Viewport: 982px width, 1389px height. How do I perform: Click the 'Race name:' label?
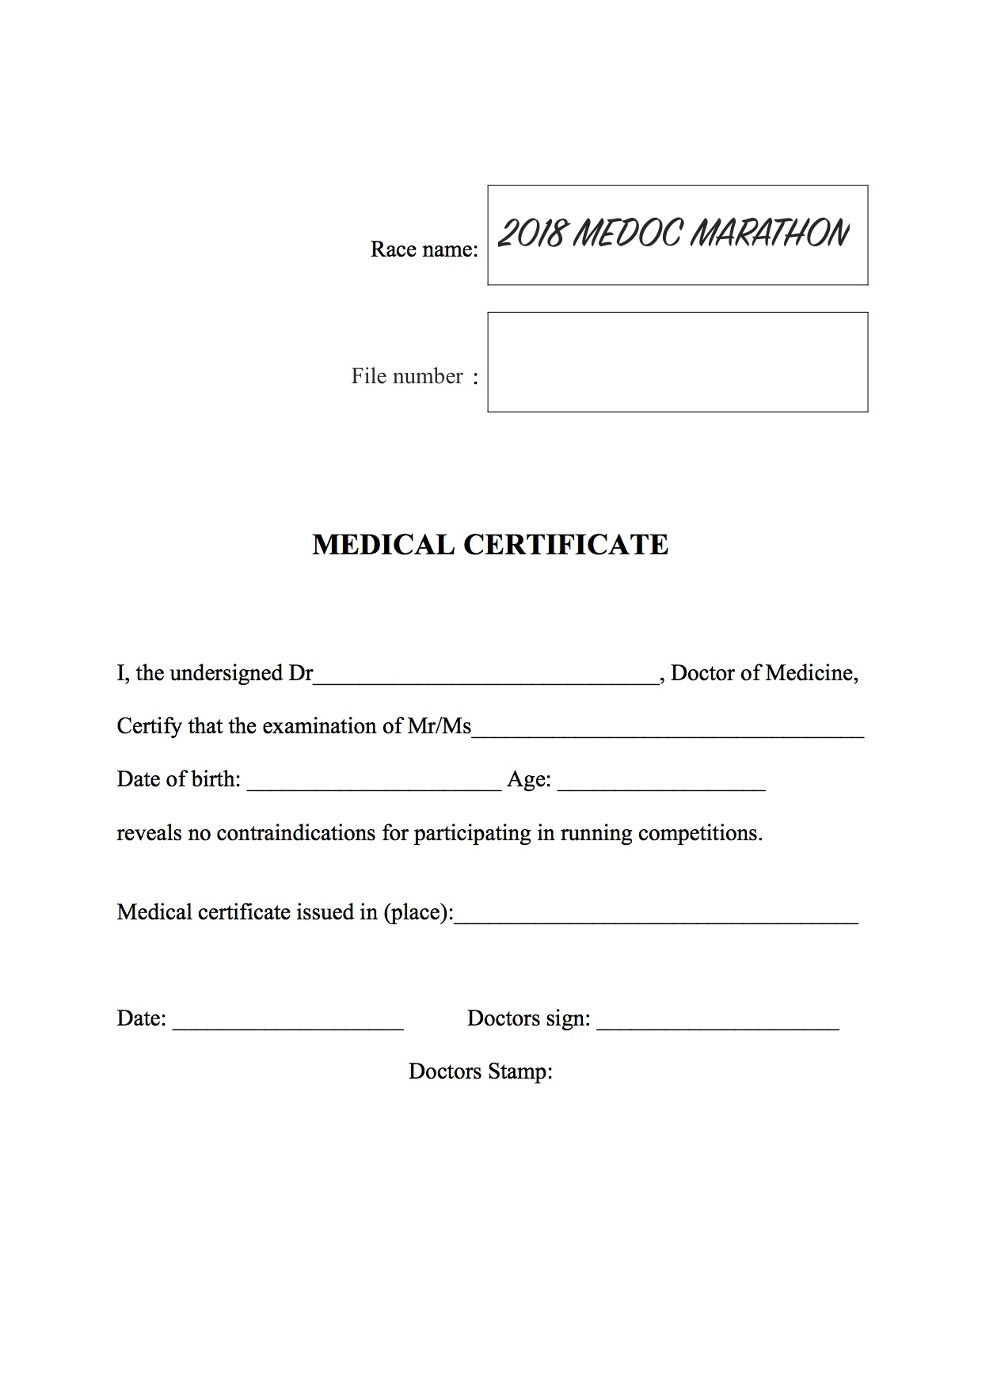tap(424, 249)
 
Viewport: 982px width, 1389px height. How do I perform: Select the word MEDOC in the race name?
tap(626, 234)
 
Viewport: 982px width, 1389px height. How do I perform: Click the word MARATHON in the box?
tap(769, 234)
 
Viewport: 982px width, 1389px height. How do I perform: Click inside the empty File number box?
tap(677, 362)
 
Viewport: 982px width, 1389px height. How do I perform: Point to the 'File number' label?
tap(407, 376)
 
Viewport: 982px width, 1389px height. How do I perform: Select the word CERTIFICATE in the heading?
tap(565, 545)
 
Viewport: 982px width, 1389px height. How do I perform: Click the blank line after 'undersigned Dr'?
tap(486, 677)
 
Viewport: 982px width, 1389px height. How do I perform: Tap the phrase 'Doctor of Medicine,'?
tap(765, 673)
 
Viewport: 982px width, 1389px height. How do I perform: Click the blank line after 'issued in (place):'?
tap(656, 917)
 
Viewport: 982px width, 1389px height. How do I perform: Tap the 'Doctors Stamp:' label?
tap(480, 1071)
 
